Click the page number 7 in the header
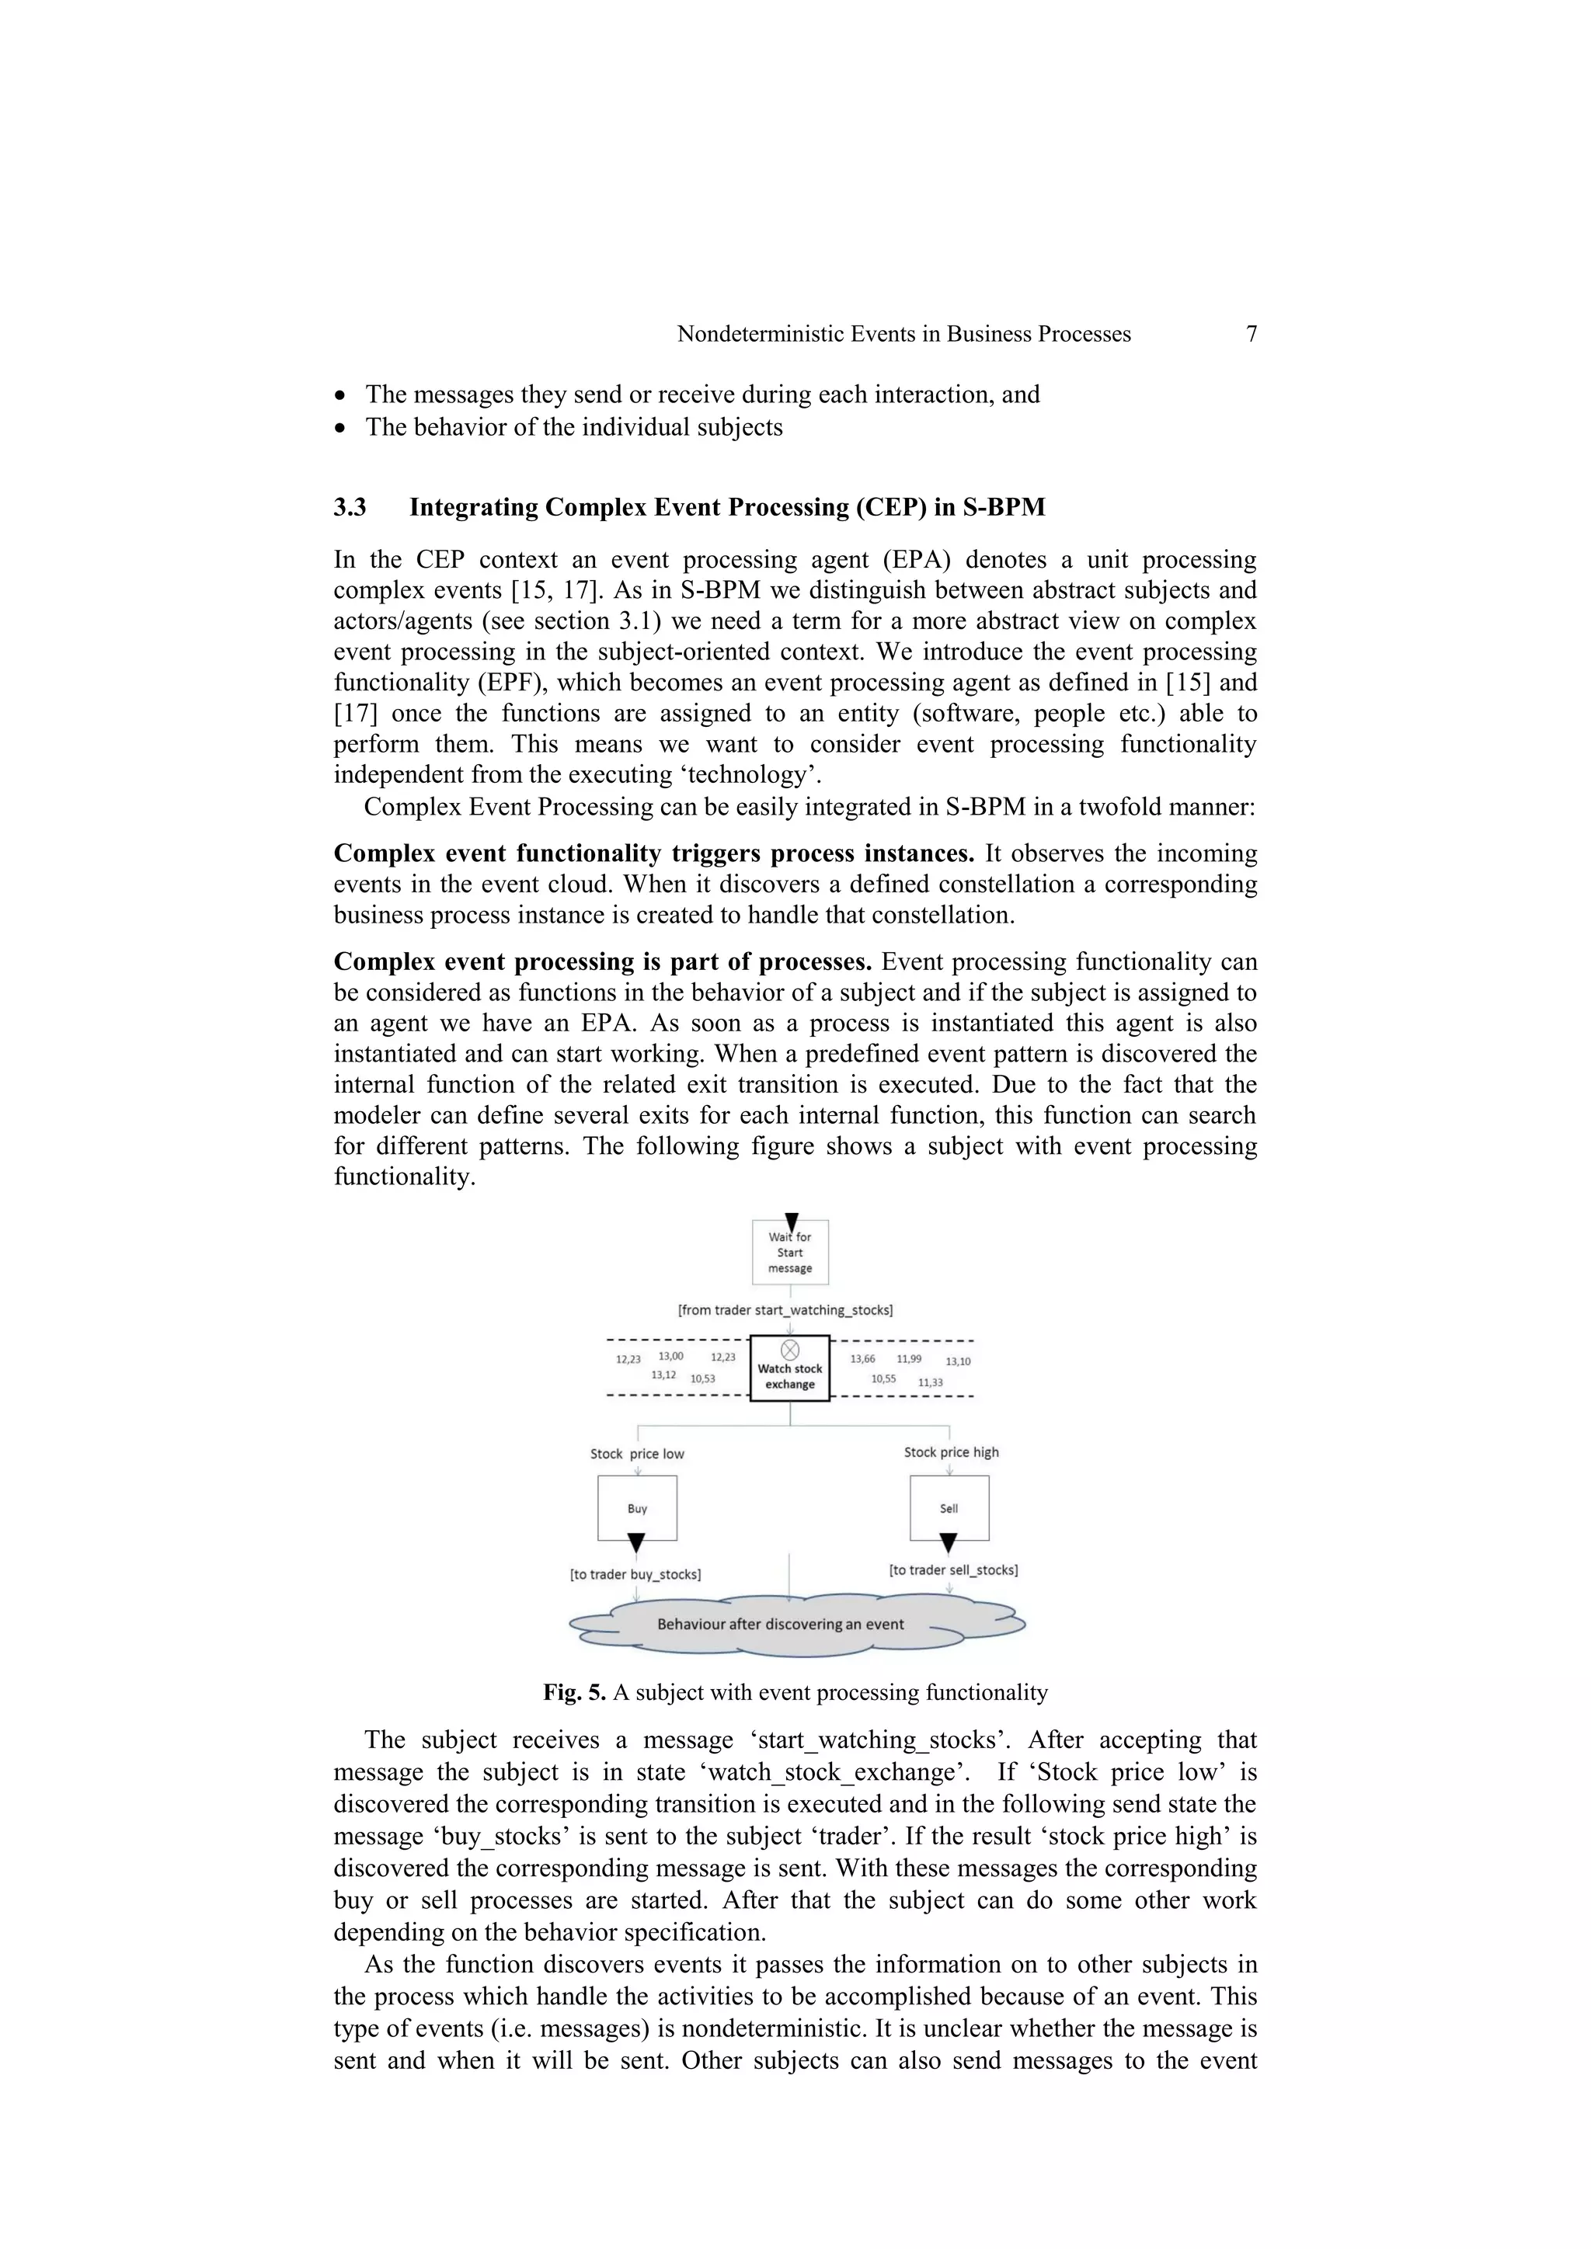(x=1251, y=334)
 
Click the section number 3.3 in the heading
(x=350, y=507)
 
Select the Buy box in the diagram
(x=637, y=1508)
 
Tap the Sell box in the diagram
(x=949, y=1508)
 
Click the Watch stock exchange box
(x=789, y=1369)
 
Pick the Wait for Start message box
(x=789, y=1253)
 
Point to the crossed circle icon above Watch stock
(x=789, y=1350)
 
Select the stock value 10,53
(x=702, y=1378)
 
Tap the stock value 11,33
(x=930, y=1382)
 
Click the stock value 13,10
(x=957, y=1361)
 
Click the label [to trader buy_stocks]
(x=635, y=1574)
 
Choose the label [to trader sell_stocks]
(x=953, y=1569)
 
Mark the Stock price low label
(x=637, y=1454)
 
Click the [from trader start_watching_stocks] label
(x=785, y=1309)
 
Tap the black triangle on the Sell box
(x=947, y=1544)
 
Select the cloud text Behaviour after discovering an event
(x=780, y=1624)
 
